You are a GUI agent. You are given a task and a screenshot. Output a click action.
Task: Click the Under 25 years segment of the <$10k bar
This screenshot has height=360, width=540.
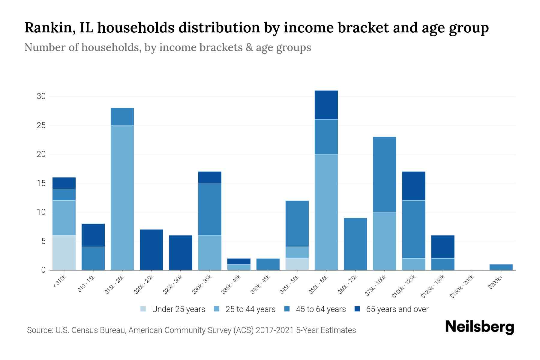(x=64, y=252)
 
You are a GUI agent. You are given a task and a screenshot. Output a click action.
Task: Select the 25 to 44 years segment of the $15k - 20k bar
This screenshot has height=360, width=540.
(x=122, y=197)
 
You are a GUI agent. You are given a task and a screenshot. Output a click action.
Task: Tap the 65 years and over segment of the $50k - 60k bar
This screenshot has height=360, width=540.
(x=326, y=105)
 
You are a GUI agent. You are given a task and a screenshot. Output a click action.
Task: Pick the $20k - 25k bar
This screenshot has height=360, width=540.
(x=151, y=250)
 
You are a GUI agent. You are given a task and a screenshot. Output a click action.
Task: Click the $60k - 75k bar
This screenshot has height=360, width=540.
(x=355, y=244)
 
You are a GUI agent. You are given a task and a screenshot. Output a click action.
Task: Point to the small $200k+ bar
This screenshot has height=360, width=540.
(x=501, y=267)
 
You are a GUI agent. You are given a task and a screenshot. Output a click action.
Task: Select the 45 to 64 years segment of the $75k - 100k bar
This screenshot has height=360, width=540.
(x=384, y=174)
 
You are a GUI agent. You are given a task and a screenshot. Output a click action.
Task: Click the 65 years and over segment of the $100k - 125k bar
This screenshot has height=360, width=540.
(x=413, y=186)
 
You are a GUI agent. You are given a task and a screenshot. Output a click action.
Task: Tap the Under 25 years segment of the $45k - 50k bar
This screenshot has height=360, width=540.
(x=297, y=264)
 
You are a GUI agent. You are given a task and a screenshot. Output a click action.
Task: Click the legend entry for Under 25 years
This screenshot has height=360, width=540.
(x=178, y=309)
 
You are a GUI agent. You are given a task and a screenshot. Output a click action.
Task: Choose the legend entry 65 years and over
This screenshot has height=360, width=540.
(x=397, y=309)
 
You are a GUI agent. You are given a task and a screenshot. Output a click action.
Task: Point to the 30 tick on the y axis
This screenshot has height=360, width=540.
(x=41, y=96)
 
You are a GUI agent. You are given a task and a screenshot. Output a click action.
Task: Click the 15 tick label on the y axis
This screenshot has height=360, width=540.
(x=41, y=183)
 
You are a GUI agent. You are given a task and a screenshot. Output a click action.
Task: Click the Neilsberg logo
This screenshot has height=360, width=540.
(x=479, y=327)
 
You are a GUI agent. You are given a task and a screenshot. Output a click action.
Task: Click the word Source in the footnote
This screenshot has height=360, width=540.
(x=39, y=330)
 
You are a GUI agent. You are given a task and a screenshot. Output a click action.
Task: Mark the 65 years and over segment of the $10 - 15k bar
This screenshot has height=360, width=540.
(x=93, y=235)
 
